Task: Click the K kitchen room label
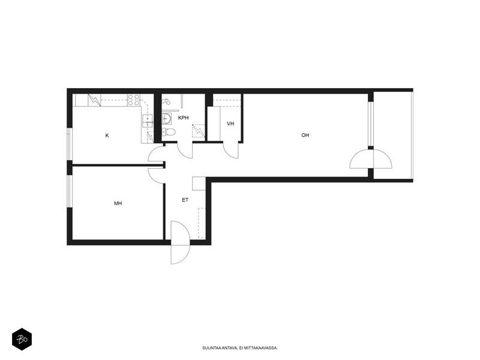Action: point(107,136)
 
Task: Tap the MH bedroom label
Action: point(118,203)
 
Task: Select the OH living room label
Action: point(305,135)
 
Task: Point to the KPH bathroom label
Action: point(184,118)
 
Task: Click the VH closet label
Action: point(230,124)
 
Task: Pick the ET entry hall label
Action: point(185,200)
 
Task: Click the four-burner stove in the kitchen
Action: point(134,100)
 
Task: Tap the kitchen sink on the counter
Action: point(148,121)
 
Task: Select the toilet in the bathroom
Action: point(169,132)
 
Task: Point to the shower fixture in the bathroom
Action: point(166,101)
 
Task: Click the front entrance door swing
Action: point(181,242)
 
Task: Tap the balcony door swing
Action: point(371,158)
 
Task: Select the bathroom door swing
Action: point(185,151)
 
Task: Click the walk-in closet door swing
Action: point(231,151)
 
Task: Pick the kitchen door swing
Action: point(157,154)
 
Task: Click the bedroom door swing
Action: point(157,176)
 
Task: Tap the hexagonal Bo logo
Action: point(22,339)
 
